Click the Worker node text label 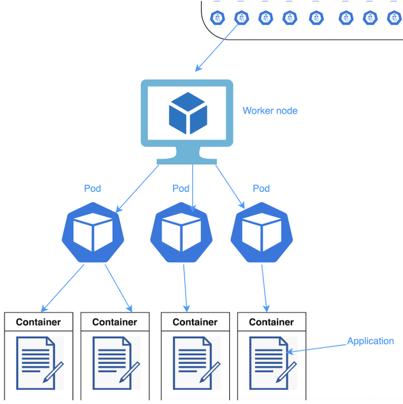point(270,111)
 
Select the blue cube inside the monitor point(188,113)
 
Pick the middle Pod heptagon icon point(181,233)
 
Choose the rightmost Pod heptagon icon point(262,233)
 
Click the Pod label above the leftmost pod point(93,189)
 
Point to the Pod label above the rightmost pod point(261,189)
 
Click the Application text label point(370,341)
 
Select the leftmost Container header point(38,322)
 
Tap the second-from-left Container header point(114,322)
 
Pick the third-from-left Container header point(195,322)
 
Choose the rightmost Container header point(271,322)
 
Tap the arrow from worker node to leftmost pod point(138,187)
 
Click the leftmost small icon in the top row point(218,18)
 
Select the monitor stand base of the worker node point(187,161)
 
